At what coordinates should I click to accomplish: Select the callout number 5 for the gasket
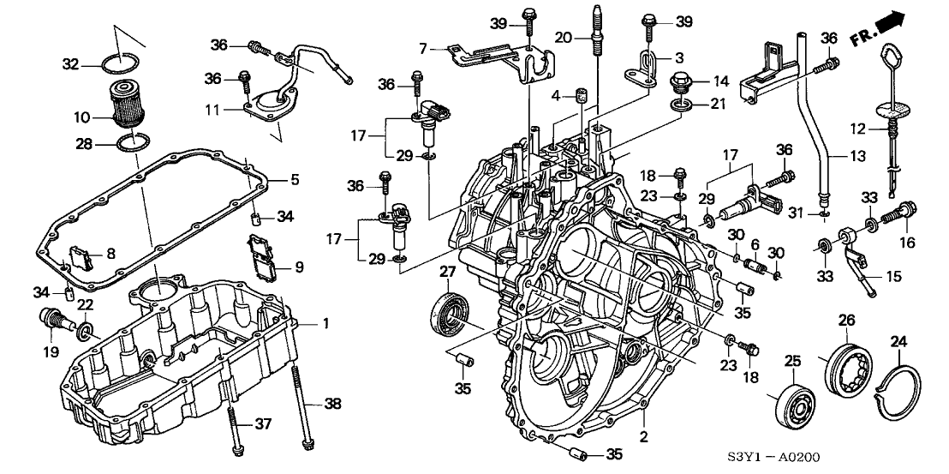pos(295,180)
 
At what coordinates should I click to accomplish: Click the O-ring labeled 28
pos(128,143)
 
